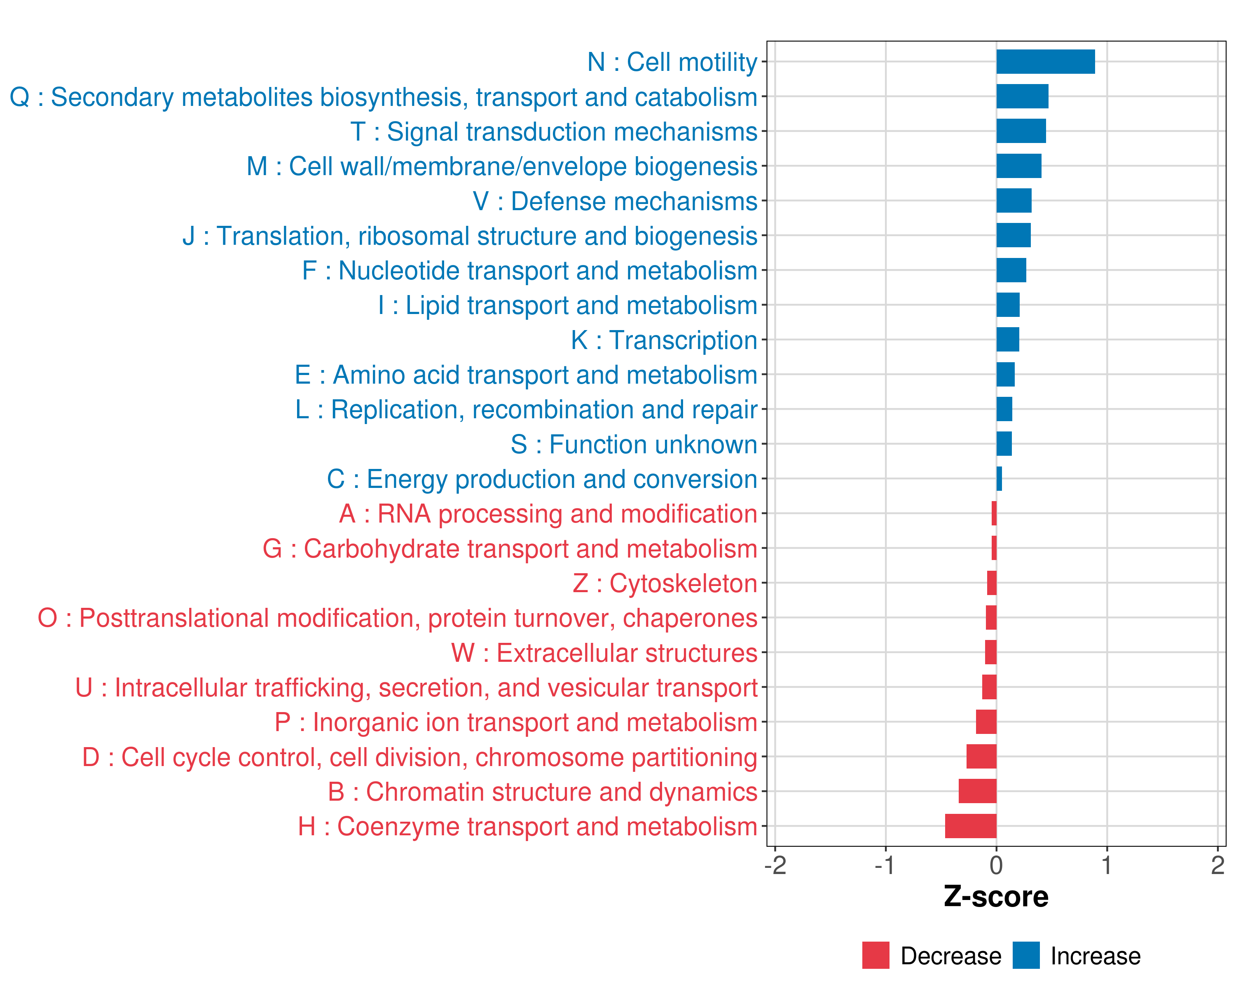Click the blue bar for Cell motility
coord(1045,61)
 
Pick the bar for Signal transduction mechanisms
coord(1021,131)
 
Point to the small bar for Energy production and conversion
coord(999,479)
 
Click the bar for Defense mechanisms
coord(1014,201)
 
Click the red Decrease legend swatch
coord(875,955)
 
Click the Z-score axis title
coord(996,896)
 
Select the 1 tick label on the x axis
coord(1107,865)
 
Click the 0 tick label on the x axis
coord(996,865)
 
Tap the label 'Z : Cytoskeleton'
coord(665,583)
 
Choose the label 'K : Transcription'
coord(664,340)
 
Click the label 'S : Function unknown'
coord(634,444)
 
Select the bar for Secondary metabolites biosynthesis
coord(1022,96)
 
